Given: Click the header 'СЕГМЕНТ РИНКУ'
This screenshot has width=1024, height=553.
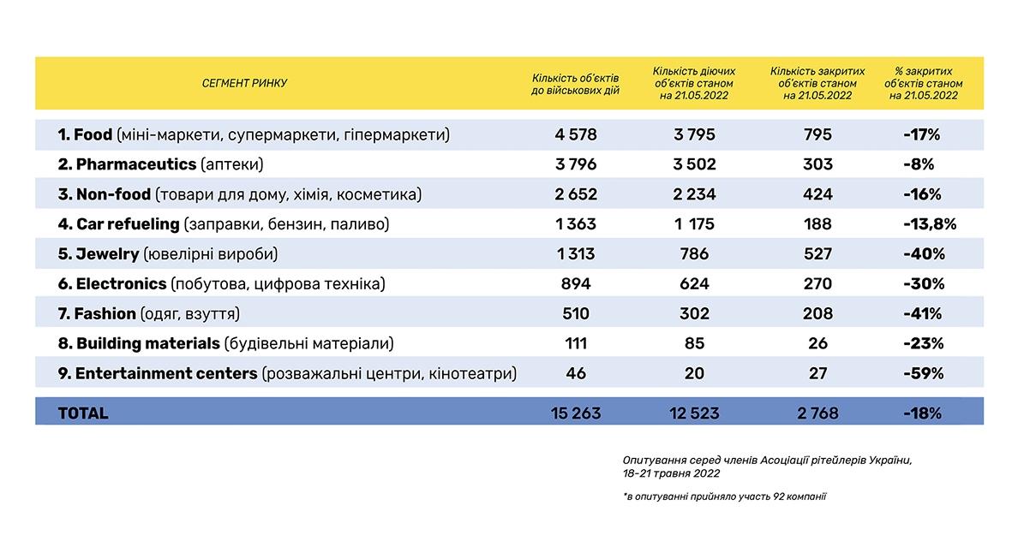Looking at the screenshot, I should pyautogui.click(x=244, y=84).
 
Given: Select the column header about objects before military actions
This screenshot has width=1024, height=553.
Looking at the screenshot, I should pyautogui.click(x=575, y=84).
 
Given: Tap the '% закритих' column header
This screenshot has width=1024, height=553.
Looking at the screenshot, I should pyautogui.click(x=923, y=84).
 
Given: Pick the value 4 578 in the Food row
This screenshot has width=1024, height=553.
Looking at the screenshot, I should pyautogui.click(x=575, y=135).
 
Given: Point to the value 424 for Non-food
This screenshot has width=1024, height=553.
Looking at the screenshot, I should pyautogui.click(x=817, y=194).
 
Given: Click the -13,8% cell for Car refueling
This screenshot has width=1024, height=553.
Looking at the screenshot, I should pyautogui.click(x=929, y=224).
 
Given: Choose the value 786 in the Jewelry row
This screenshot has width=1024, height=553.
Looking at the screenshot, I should pyautogui.click(x=694, y=254).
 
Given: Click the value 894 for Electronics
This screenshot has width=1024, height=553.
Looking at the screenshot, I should pyautogui.click(x=575, y=283).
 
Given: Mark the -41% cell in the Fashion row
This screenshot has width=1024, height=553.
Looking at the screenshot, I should pyautogui.click(x=922, y=313).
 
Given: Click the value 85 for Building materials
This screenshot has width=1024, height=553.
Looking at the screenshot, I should pyautogui.click(x=694, y=343).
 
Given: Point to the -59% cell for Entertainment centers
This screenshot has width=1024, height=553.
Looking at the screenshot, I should pyautogui.click(x=922, y=373).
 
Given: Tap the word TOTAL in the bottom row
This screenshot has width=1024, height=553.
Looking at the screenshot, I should pyautogui.click(x=83, y=413).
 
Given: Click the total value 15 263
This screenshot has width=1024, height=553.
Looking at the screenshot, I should pyautogui.click(x=575, y=413).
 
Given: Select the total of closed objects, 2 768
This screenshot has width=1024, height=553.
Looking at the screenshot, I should pyautogui.click(x=817, y=413).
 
